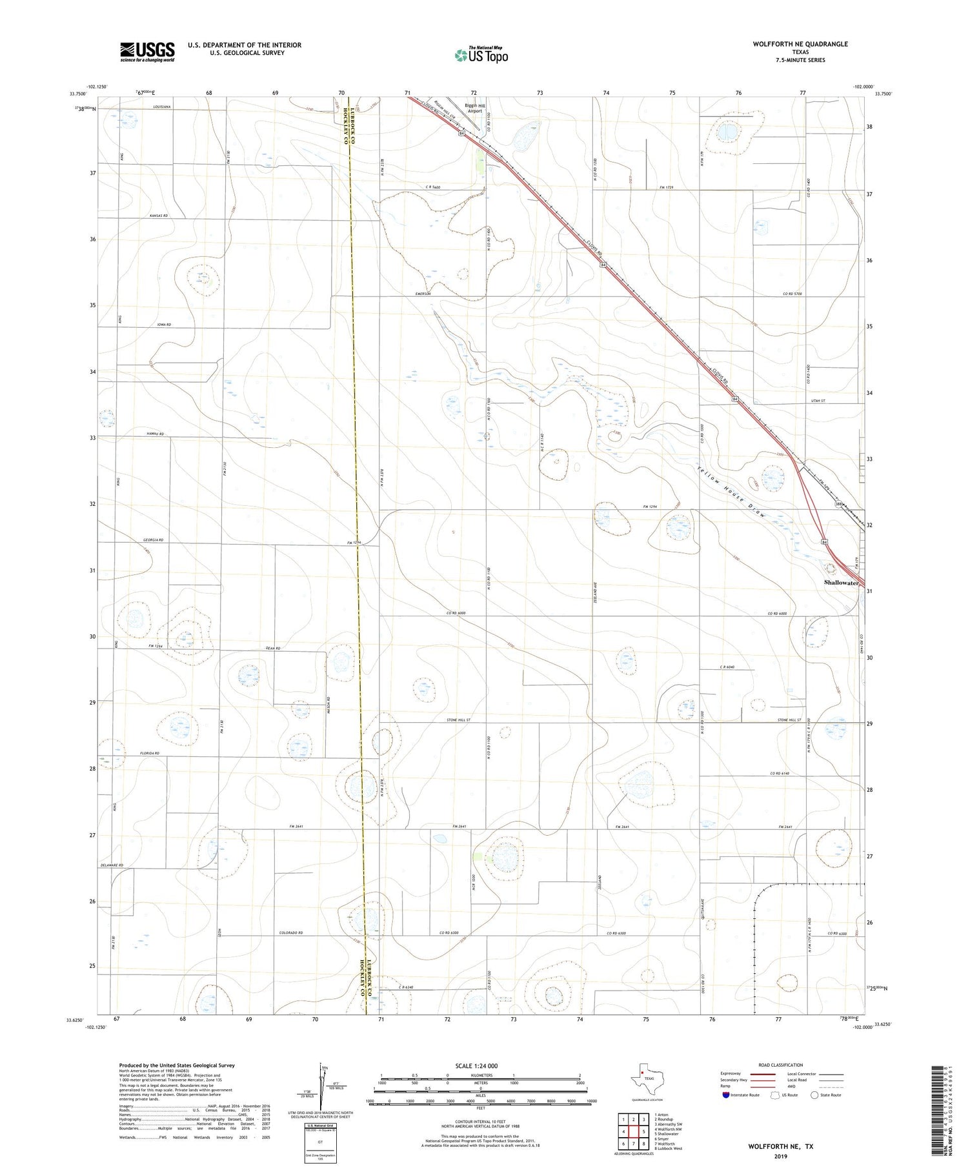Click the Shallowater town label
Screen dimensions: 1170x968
(841, 582)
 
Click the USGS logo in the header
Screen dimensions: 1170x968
(147, 52)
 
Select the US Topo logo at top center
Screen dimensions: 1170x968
(481, 55)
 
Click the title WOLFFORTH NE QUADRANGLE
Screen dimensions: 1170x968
(800, 44)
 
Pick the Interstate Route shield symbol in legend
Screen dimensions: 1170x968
(726, 1094)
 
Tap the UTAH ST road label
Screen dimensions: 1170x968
(818, 401)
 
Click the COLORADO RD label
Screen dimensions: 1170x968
(291, 933)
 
